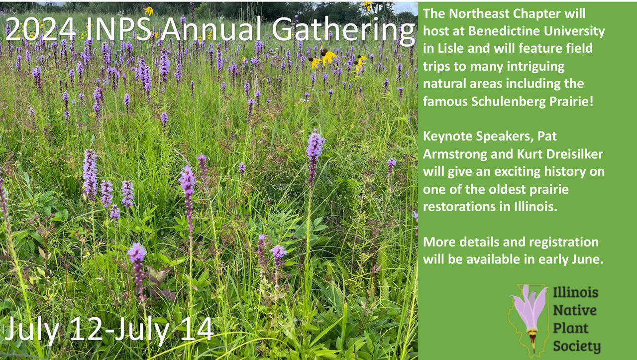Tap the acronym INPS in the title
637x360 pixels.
(x=118, y=29)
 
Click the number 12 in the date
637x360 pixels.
(x=86, y=329)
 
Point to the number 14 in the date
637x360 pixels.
(x=197, y=329)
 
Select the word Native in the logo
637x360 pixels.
(x=575, y=310)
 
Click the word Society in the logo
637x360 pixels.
(x=577, y=347)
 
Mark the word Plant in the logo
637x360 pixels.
(x=570, y=329)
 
